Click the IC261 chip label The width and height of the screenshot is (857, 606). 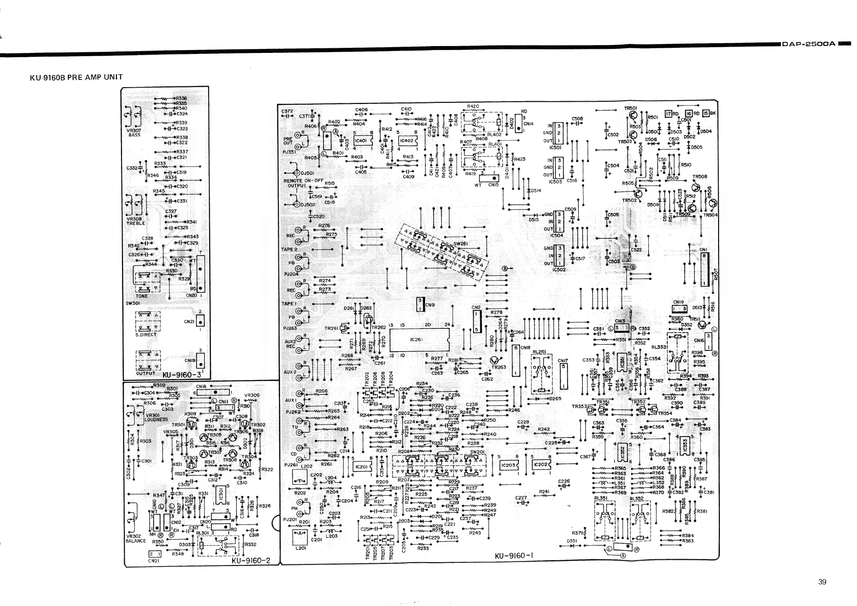(416, 340)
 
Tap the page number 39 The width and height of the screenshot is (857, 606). (822, 582)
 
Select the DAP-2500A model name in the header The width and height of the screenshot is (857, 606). (808, 44)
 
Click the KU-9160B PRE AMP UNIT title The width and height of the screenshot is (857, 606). (76, 77)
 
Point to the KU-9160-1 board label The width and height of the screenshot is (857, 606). (514, 556)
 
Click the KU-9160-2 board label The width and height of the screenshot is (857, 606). (251, 560)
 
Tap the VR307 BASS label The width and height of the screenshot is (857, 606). (134, 133)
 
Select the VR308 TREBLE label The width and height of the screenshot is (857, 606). (135, 221)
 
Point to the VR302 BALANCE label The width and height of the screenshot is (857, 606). (135, 538)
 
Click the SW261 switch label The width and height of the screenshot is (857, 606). (461, 244)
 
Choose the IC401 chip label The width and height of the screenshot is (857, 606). (361, 141)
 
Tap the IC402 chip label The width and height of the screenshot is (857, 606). (407, 141)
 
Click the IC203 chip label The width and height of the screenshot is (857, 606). (508, 465)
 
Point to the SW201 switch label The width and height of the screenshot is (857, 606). (477, 452)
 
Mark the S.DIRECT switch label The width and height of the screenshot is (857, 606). (145, 335)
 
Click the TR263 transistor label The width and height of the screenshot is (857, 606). (499, 367)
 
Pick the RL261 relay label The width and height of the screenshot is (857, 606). (539, 352)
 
